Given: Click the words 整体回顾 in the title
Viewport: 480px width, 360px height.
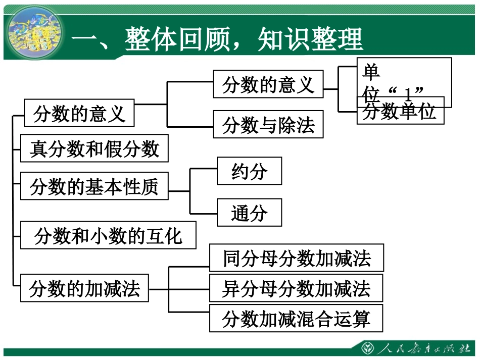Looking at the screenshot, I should pos(177,39).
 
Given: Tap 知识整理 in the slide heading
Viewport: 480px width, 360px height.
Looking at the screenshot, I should pos(310,39).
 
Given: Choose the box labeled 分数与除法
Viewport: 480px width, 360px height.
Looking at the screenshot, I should pos(268,124).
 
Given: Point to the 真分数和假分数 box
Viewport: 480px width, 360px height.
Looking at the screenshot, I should pos(94,148).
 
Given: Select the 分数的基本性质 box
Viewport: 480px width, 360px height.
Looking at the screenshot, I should pos(94,186).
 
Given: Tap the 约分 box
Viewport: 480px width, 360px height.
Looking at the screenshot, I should pos(249,171).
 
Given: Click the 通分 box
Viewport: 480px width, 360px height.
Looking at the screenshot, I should pos(249,213).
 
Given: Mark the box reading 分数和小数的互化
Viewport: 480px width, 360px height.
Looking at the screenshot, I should pos(108,235).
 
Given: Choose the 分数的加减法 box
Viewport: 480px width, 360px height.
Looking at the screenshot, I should pos(84,289).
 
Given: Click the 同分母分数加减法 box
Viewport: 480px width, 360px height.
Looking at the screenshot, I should pos(297,259).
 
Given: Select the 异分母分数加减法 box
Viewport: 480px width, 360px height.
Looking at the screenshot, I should pos(296,288).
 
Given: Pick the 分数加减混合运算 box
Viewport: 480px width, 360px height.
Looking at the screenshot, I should pos(296,319).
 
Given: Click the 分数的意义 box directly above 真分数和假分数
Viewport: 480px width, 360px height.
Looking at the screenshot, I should pos(79,113).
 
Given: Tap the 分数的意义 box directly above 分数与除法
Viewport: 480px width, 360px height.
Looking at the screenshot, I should pos(268,84).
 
